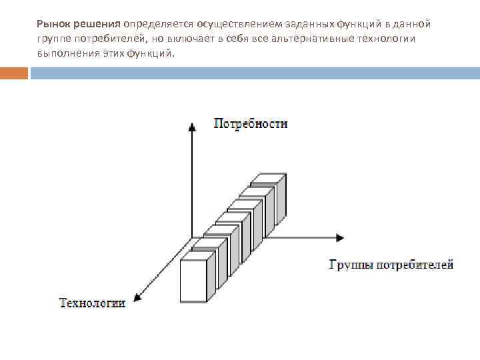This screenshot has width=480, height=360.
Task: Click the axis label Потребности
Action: pos(250,123)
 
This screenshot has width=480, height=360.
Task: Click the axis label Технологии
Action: pos(93,303)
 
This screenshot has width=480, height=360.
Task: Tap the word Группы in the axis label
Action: pos(351,265)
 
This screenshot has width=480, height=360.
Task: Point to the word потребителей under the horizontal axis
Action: pos(415,265)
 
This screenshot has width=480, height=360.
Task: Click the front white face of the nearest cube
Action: pos(194,281)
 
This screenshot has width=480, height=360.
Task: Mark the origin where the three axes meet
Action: pos(192,237)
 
